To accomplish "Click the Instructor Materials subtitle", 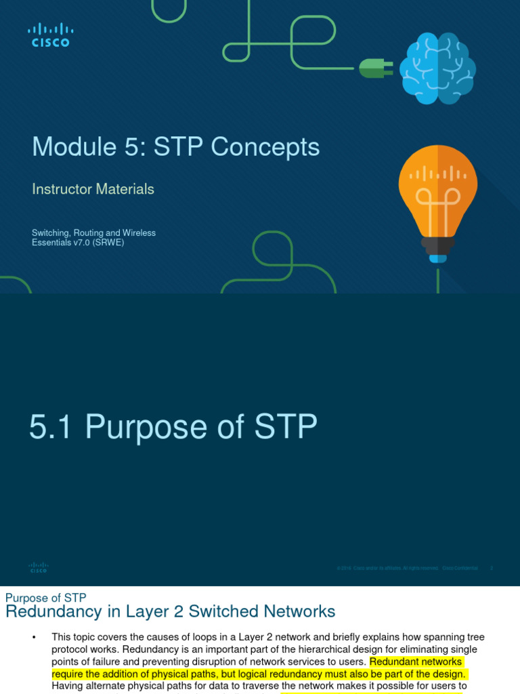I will click(x=93, y=190).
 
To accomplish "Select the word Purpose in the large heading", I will click(x=144, y=428).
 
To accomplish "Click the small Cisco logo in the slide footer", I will click(x=39, y=567).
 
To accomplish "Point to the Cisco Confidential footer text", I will click(x=460, y=568).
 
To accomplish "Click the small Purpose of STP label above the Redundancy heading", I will click(x=45, y=598).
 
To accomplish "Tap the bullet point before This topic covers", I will click(x=33, y=638).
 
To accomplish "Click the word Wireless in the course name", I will click(x=138, y=233).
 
